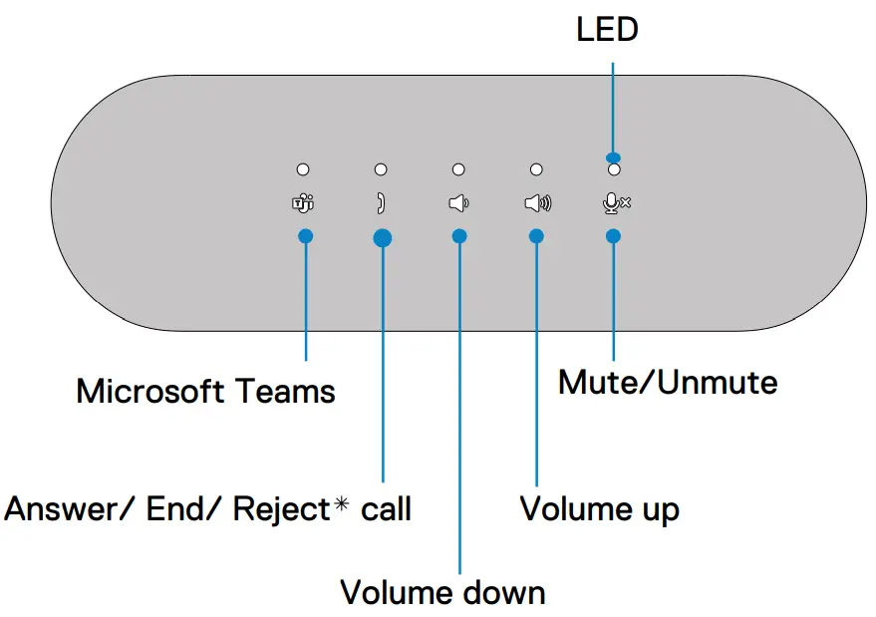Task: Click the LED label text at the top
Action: (x=607, y=30)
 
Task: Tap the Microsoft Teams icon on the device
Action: (x=303, y=204)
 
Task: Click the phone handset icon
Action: (x=381, y=204)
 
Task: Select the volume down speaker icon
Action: (x=458, y=204)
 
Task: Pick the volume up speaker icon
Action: (x=537, y=204)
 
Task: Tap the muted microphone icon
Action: (x=617, y=203)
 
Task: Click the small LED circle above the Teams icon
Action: (x=303, y=170)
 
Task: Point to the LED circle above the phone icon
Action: (x=381, y=170)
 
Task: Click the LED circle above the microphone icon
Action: (x=614, y=171)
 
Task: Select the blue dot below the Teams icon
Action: (x=305, y=236)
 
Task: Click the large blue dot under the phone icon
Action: (x=382, y=237)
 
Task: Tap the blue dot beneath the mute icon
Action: (x=613, y=236)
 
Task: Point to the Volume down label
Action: (x=442, y=592)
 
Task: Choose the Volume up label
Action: (x=599, y=509)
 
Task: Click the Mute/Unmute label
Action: (x=667, y=382)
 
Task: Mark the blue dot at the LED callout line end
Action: (x=613, y=156)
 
